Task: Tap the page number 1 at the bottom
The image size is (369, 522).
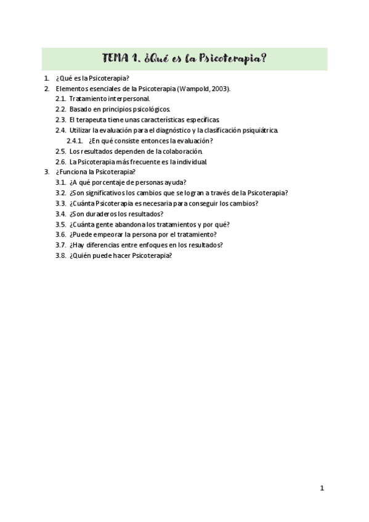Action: coord(322,488)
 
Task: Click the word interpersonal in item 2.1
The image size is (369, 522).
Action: coord(127,98)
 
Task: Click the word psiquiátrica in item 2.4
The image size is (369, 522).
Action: coord(261,130)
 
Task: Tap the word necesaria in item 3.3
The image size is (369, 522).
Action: coord(153,203)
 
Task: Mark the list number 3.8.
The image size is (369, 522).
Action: coord(60,255)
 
